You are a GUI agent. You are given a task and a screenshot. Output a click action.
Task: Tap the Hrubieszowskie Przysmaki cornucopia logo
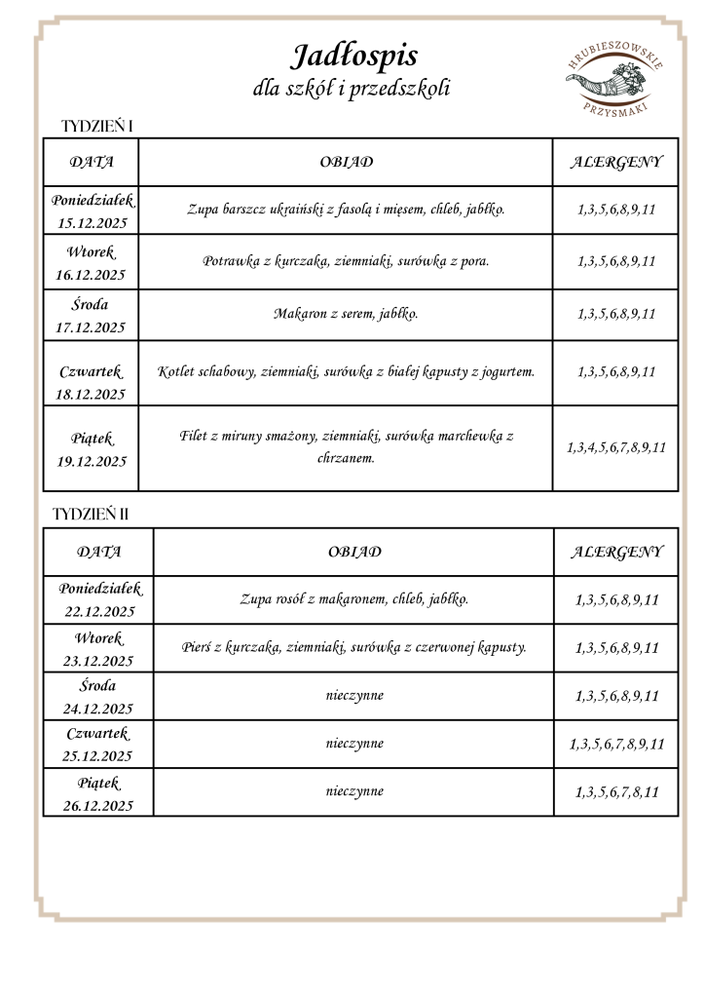pos(614,79)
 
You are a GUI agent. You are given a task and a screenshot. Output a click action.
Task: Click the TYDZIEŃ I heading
pos(96,127)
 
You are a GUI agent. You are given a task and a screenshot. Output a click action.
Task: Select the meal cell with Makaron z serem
pos(346,314)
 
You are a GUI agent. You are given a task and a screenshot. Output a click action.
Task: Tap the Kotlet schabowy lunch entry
pos(346,371)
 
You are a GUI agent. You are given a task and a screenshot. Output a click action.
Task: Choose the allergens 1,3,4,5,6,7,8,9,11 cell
pos(615,448)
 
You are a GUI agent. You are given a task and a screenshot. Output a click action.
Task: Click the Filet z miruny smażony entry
pos(346,446)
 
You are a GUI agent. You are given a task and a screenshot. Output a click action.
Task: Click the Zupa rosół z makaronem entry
pos(353,598)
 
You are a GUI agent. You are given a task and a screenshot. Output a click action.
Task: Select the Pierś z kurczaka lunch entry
pos(353,647)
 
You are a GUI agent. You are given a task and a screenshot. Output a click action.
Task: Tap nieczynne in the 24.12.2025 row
pos(353,695)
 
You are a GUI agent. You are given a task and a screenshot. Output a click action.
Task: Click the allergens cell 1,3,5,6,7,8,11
pos(616,792)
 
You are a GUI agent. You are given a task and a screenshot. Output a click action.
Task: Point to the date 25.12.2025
pos(98,756)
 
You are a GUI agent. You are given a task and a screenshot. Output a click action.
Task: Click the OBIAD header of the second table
pos(353,552)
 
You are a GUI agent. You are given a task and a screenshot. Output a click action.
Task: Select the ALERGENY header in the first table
pos(615,162)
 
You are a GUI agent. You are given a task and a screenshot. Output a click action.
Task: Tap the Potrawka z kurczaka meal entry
pos(346,261)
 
